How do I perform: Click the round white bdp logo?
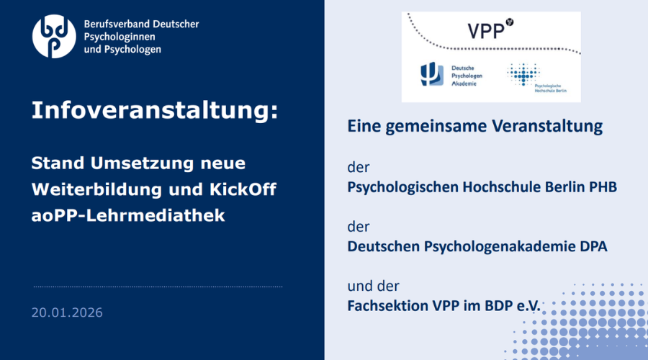tap(54, 36)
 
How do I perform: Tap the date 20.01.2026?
tap(67, 312)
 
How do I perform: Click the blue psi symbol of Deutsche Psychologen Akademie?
tap(431, 75)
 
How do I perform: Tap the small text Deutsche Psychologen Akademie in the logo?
tap(467, 75)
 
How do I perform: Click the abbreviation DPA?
tap(592, 246)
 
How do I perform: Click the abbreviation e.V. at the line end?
tap(528, 305)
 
